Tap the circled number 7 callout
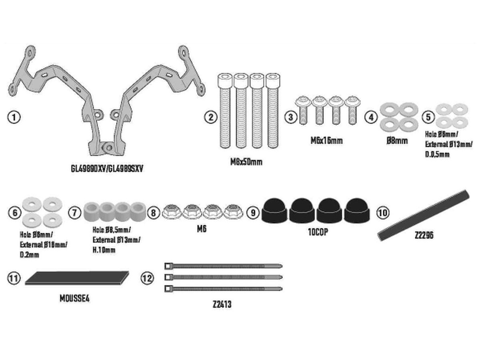[x=74, y=212]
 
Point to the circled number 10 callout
[x=383, y=212]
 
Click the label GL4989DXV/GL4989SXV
[x=107, y=168]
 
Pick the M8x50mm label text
[x=246, y=162]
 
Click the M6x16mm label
[x=326, y=140]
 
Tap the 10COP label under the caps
[x=318, y=232]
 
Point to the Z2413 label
[x=222, y=304]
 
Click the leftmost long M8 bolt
[x=224, y=110]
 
